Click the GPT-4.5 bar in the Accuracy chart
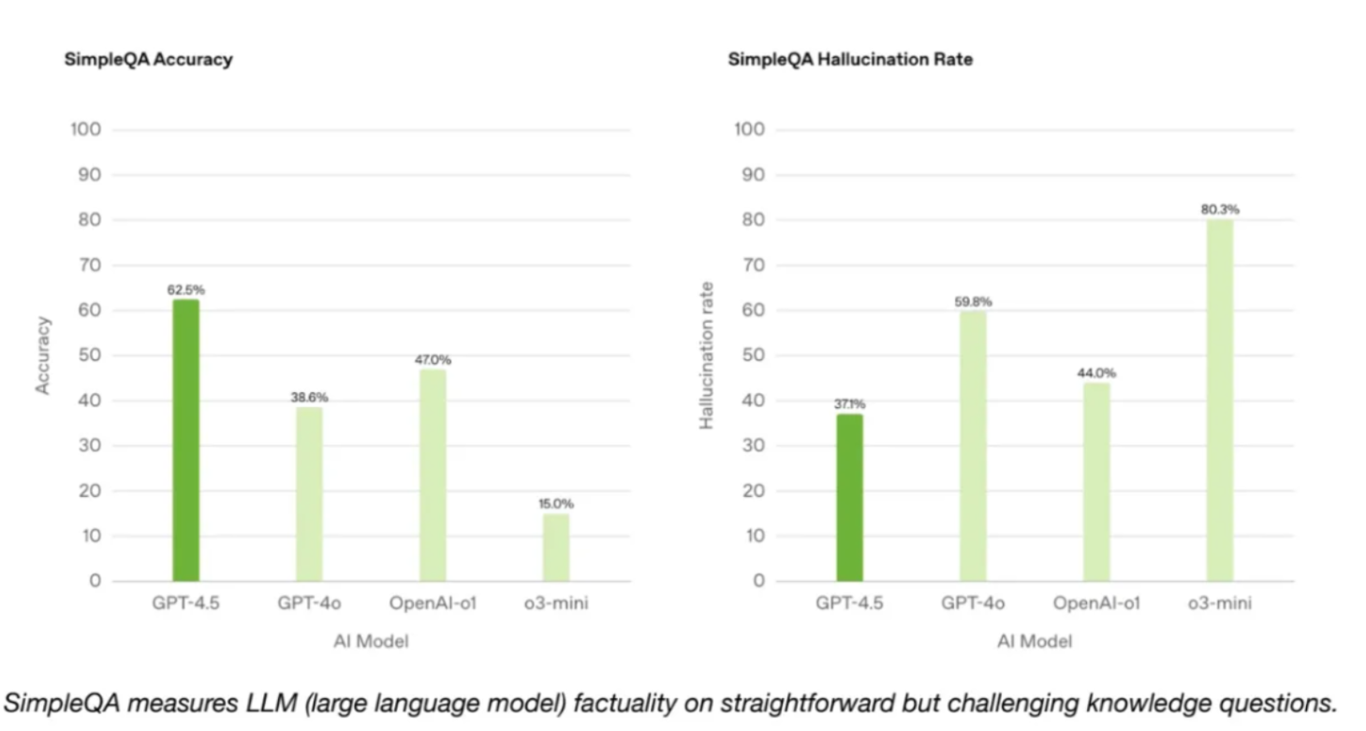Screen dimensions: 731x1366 (185, 440)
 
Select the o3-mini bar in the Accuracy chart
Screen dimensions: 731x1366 (556, 547)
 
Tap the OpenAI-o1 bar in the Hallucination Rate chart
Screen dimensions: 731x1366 (1096, 481)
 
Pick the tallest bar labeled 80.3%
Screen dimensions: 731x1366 (1220, 400)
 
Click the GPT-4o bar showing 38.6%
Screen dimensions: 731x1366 (309, 493)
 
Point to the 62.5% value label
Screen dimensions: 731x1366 (185, 290)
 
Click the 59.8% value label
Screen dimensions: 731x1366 (973, 301)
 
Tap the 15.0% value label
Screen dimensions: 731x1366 (556, 504)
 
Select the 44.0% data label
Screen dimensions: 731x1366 (1096, 373)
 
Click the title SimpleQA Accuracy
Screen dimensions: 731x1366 (148, 60)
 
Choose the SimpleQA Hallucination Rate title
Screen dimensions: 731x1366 (850, 60)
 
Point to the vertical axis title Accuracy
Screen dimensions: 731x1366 (43, 355)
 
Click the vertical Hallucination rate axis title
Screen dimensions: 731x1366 (707, 356)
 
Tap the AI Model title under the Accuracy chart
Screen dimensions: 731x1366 (371, 641)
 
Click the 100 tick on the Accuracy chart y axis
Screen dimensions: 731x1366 (85, 129)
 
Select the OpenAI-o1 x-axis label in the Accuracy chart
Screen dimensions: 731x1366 (433, 604)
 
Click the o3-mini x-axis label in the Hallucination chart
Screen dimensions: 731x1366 (1220, 604)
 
